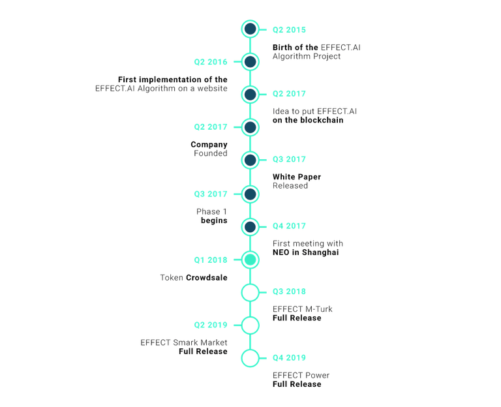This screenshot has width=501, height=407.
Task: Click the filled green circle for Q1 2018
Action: (250, 260)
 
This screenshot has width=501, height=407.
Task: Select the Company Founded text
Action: (210, 149)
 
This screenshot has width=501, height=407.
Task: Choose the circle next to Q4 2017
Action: (250, 226)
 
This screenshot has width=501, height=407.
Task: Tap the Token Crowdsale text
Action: (194, 277)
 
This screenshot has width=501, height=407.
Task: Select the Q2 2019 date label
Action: (210, 324)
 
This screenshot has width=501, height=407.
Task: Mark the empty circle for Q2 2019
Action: (250, 324)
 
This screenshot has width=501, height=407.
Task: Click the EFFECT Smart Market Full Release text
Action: (184, 346)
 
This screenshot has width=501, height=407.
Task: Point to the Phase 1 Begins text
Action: (211, 216)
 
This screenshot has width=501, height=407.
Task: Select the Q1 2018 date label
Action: (210, 260)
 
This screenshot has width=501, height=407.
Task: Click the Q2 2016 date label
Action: (210, 62)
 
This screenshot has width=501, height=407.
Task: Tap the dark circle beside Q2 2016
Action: (250, 62)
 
